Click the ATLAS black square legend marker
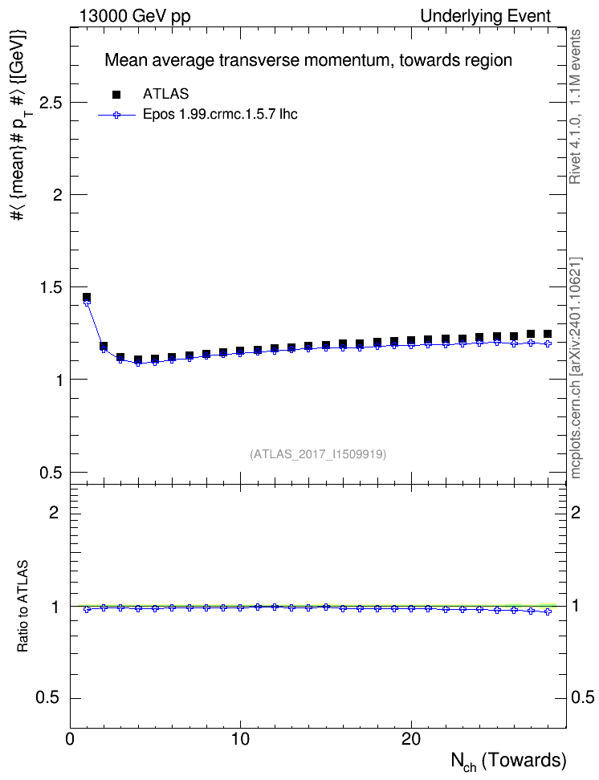coord(116,94)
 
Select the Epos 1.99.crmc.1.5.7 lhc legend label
coord(220,115)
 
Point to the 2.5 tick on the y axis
coord(51,103)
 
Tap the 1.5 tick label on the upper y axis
coord(51,287)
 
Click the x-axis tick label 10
coord(241,739)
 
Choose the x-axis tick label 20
coord(411,739)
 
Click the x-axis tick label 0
coord(70,739)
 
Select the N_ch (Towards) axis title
coord(508,762)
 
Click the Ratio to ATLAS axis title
coord(22,606)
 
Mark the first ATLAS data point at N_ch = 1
coord(87,297)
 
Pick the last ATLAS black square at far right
coord(548,334)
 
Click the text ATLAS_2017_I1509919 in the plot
coord(318,454)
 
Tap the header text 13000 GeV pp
coord(135,16)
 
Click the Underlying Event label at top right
coord(486,16)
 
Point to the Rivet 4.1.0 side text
coord(575,107)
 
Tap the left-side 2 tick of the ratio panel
coord(54,512)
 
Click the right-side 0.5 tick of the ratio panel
coord(582,698)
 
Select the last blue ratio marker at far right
coord(548,611)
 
